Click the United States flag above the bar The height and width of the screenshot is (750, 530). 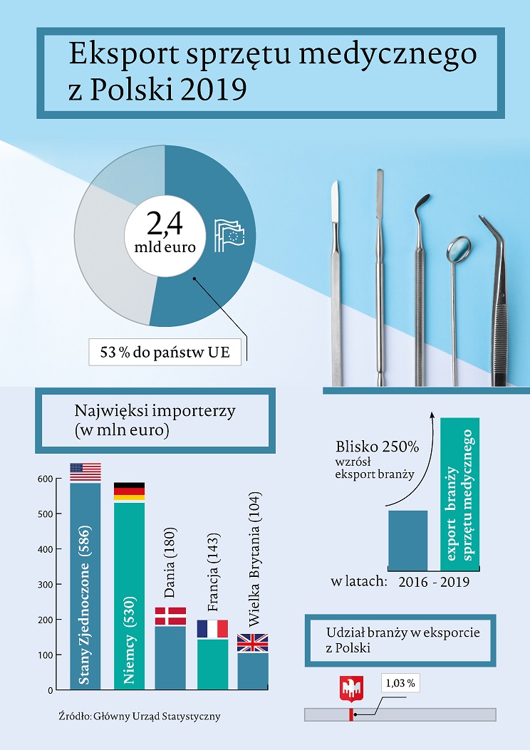coord(85,472)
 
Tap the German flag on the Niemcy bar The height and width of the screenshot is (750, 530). coord(129,491)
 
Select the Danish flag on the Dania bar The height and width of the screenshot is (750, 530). coord(170,616)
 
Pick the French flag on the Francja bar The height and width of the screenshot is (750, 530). coord(212,629)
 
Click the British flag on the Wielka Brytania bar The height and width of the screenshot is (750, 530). coord(252,643)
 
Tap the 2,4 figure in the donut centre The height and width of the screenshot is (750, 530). coord(165,224)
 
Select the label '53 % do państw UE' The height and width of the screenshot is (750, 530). coord(165,353)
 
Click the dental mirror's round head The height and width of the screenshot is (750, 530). coord(459,247)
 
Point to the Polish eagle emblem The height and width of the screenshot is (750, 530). coord(349,689)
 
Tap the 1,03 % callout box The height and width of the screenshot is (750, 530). coord(400,683)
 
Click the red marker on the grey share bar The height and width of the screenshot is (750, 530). coord(350,714)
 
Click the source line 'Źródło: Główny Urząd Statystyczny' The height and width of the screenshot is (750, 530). coord(140,717)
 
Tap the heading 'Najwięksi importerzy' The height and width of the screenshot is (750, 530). coord(155,412)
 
